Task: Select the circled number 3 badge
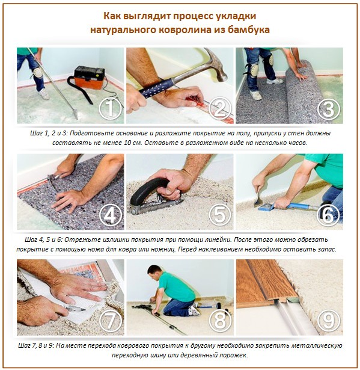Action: pyautogui.click(x=328, y=109)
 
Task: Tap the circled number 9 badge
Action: pyautogui.click(x=328, y=321)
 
